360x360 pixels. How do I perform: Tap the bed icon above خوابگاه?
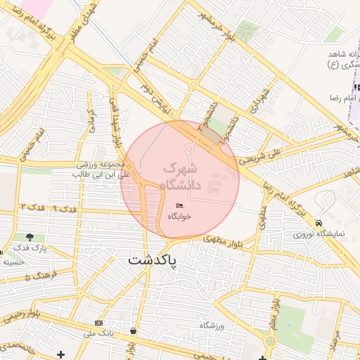click(x=180, y=205)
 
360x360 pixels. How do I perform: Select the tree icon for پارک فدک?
click(x=30, y=238)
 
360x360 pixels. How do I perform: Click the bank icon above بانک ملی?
click(x=98, y=322)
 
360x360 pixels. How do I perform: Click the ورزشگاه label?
click(x=211, y=326)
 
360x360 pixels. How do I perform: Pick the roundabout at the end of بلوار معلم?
click(x=270, y=342)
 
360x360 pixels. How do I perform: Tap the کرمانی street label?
click(x=91, y=120)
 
